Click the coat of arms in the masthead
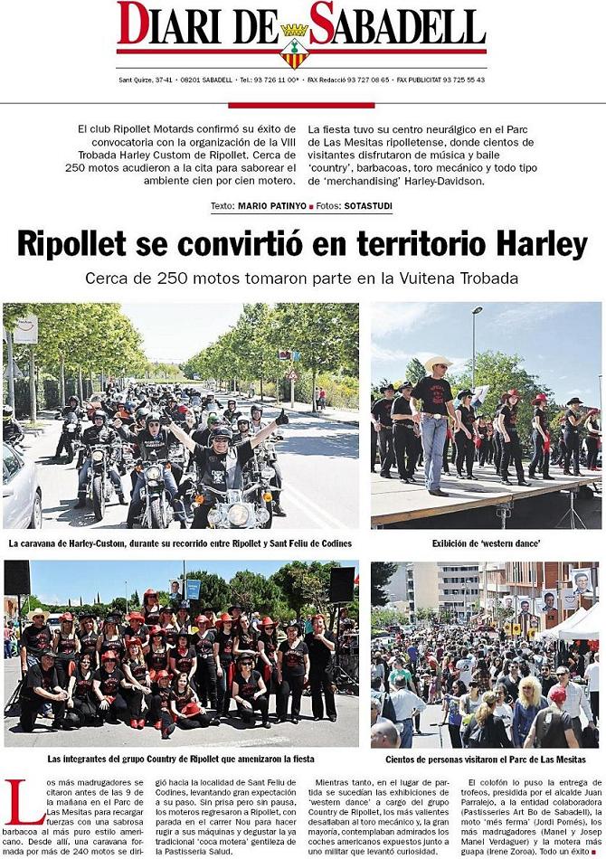coord(295,46)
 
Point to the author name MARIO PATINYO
coord(270,206)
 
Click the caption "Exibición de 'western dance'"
coord(486,543)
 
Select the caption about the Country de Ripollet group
coord(180,760)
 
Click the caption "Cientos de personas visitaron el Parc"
coord(487,760)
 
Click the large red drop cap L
coord(22,802)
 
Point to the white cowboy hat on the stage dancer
coord(438,361)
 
